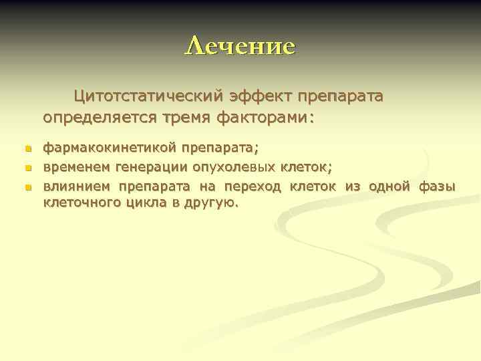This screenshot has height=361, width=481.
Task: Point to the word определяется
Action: [98, 118]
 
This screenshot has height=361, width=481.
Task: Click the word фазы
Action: [437, 187]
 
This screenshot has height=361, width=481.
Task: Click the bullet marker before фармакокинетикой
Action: [27, 147]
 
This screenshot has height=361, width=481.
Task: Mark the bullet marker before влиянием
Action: [27, 187]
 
